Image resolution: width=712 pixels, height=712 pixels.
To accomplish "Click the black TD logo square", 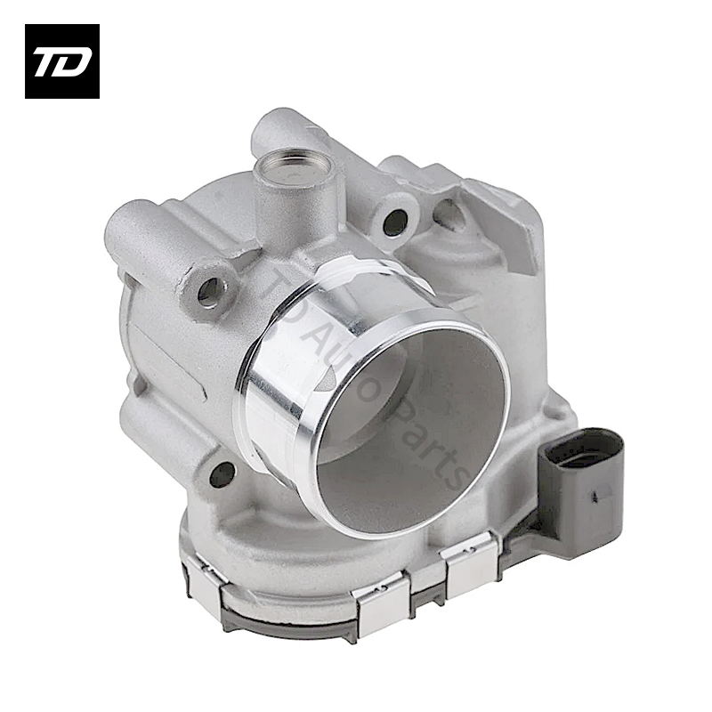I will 61,61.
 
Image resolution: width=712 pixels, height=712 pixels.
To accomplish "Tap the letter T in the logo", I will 49,61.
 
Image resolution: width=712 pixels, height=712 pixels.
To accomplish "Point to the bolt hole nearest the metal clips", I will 222,473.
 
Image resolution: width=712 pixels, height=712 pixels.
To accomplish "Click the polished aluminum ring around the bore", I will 276,374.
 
